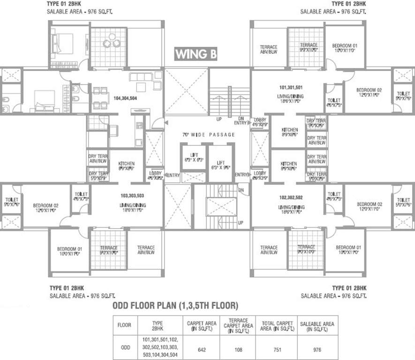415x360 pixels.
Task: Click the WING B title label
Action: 196,54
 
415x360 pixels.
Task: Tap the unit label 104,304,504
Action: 125,98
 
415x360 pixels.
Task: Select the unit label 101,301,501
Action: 290,88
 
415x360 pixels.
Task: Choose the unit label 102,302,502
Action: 291,198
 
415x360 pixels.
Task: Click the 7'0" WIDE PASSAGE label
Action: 209,135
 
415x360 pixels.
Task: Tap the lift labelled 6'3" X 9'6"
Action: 220,165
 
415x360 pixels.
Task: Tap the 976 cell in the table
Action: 317,349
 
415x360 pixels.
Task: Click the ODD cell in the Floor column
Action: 124,349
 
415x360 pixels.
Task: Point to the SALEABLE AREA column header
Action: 317,326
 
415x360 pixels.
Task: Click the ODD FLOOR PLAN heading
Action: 175,306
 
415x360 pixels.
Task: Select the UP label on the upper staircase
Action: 219,119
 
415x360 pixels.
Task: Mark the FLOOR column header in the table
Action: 124,325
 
